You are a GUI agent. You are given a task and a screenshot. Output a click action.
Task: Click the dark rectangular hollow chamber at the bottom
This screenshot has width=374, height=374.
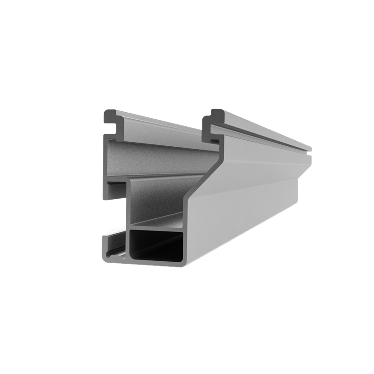click(157, 246)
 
